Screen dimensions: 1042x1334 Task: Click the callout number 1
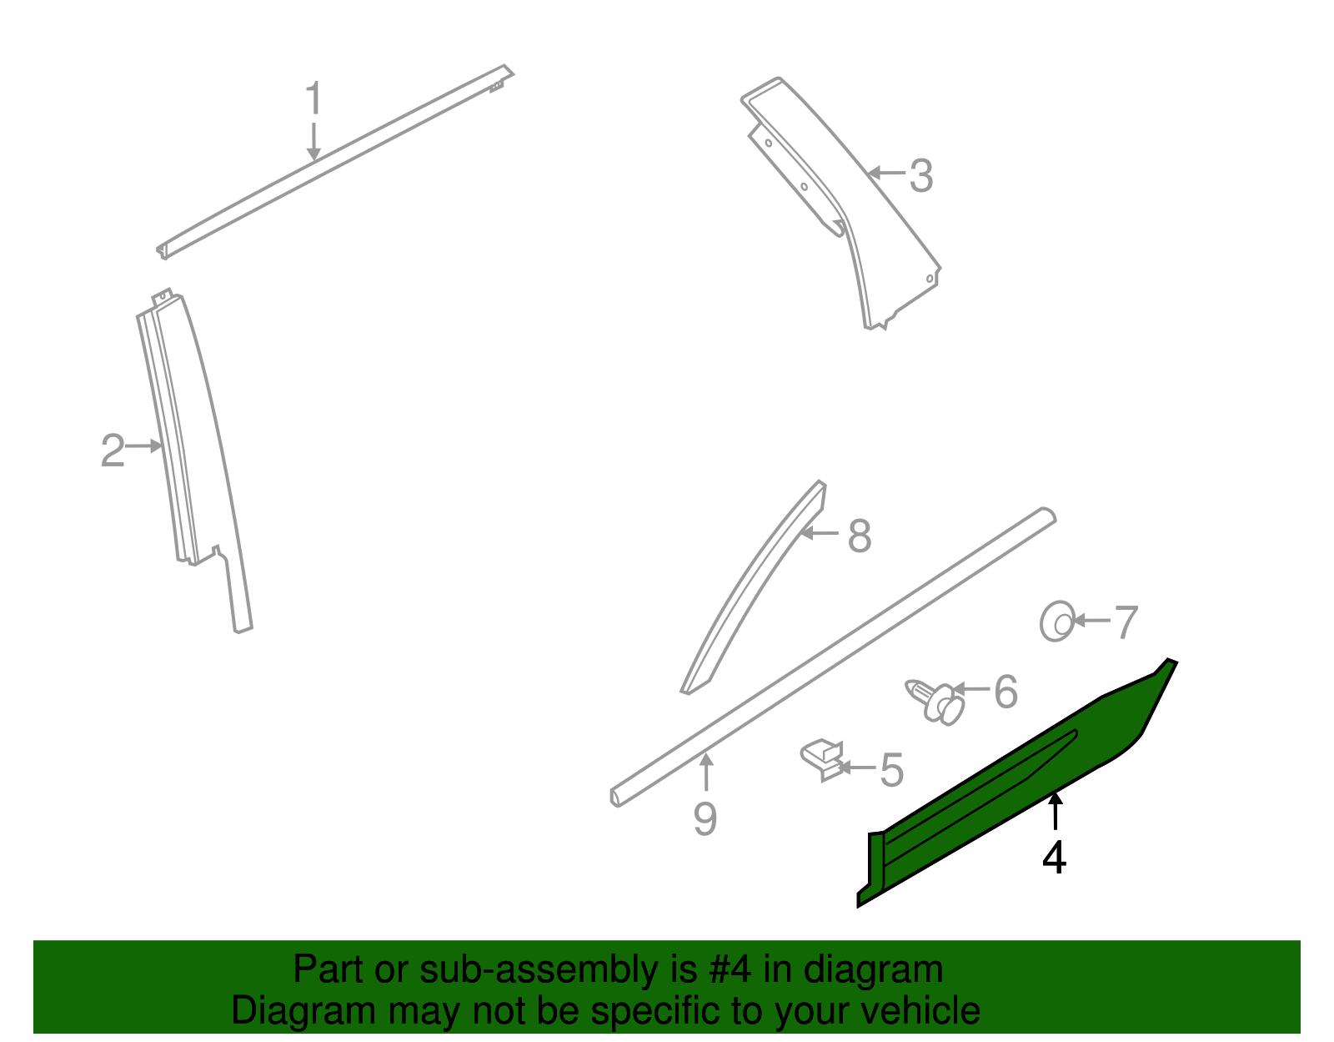point(313,99)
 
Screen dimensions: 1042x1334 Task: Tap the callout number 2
point(113,451)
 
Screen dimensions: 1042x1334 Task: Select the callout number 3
point(920,176)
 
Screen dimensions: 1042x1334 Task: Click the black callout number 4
point(1054,858)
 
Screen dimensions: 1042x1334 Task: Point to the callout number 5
point(891,769)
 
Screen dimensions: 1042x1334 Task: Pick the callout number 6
point(1006,692)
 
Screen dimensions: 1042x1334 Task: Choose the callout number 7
point(1126,622)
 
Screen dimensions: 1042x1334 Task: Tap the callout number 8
point(859,536)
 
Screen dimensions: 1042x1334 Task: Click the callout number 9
point(705,819)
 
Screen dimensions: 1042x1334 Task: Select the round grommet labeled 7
point(1057,622)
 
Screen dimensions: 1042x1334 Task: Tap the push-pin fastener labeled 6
point(936,700)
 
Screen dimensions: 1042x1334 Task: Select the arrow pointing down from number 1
point(313,141)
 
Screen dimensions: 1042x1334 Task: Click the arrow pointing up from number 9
point(706,771)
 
